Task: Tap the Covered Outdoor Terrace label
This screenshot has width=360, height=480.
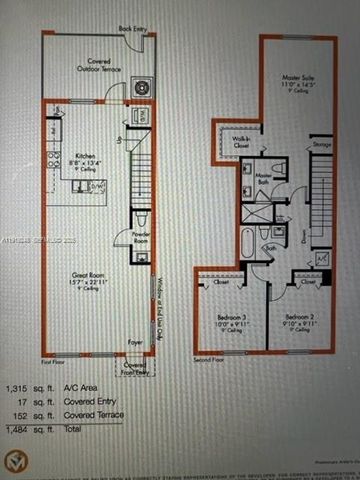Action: pyautogui.click(x=98, y=66)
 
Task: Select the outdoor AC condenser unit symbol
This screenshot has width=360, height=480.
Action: pyautogui.click(x=140, y=88)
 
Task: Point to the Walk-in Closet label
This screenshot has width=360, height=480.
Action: pyautogui.click(x=241, y=141)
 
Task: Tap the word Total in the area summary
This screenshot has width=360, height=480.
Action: pyautogui.click(x=79, y=430)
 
